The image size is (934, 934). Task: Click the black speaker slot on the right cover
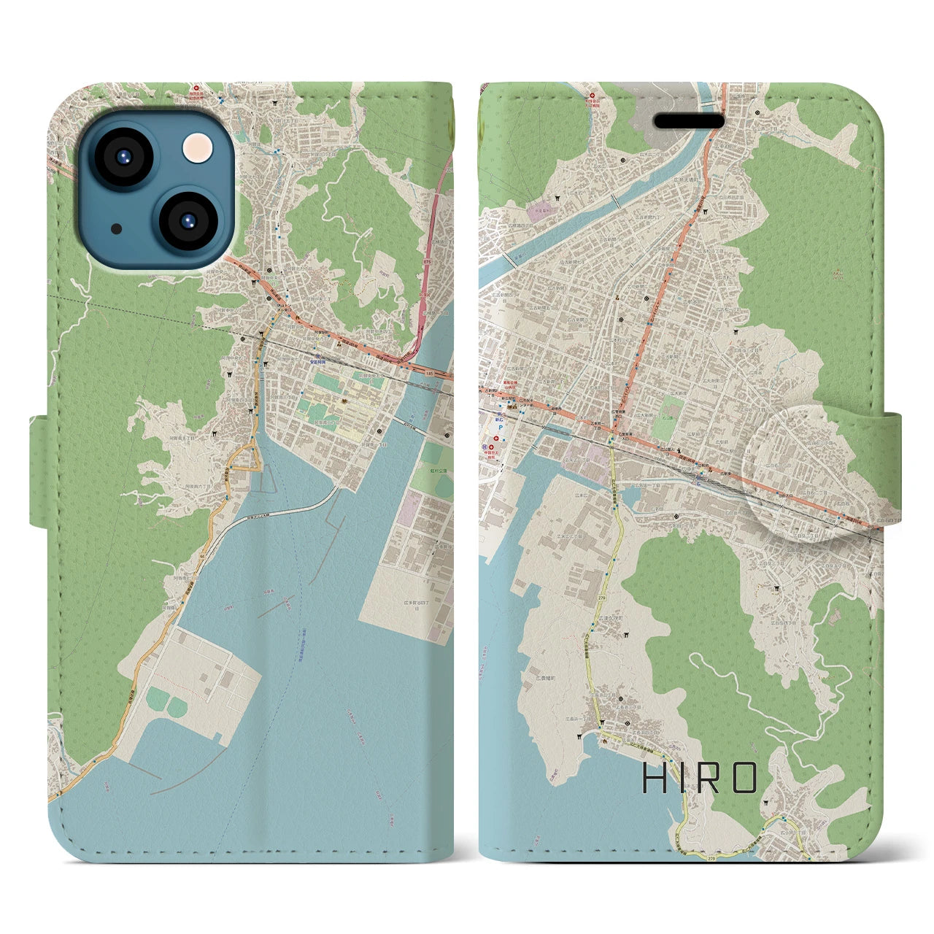[x=688, y=120]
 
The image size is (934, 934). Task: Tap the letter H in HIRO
[x=654, y=779]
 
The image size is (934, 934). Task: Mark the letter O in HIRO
[x=742, y=779]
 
